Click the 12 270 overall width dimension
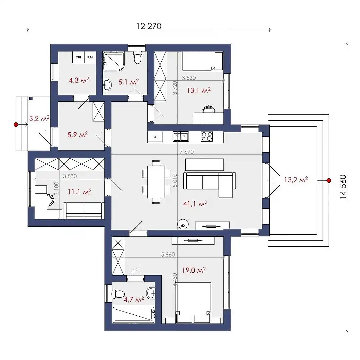pyautogui.click(x=149, y=26)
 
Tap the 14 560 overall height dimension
pyautogui.click(x=343, y=187)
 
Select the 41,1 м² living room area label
pyautogui.click(x=195, y=203)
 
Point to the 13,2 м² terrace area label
pyautogui.click(x=296, y=180)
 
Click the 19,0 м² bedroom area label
pyautogui.click(x=194, y=270)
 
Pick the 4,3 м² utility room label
pyautogui.click(x=79, y=80)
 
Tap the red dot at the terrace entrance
pyautogui.click(x=329, y=180)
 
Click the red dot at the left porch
pyautogui.click(x=16, y=124)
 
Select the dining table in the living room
pyautogui.click(x=156, y=182)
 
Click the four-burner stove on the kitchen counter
pyautogui.click(x=207, y=136)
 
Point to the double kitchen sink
pyautogui.click(x=181, y=136)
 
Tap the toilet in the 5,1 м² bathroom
pyautogui.click(x=138, y=57)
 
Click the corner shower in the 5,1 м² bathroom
pyautogui.click(x=114, y=61)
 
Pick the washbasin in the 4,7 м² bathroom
pyautogui.click(x=151, y=293)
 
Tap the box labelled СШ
pyautogui.click(x=79, y=57)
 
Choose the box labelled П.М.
pyautogui.click(x=90, y=57)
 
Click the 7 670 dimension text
pyautogui.click(x=187, y=152)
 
